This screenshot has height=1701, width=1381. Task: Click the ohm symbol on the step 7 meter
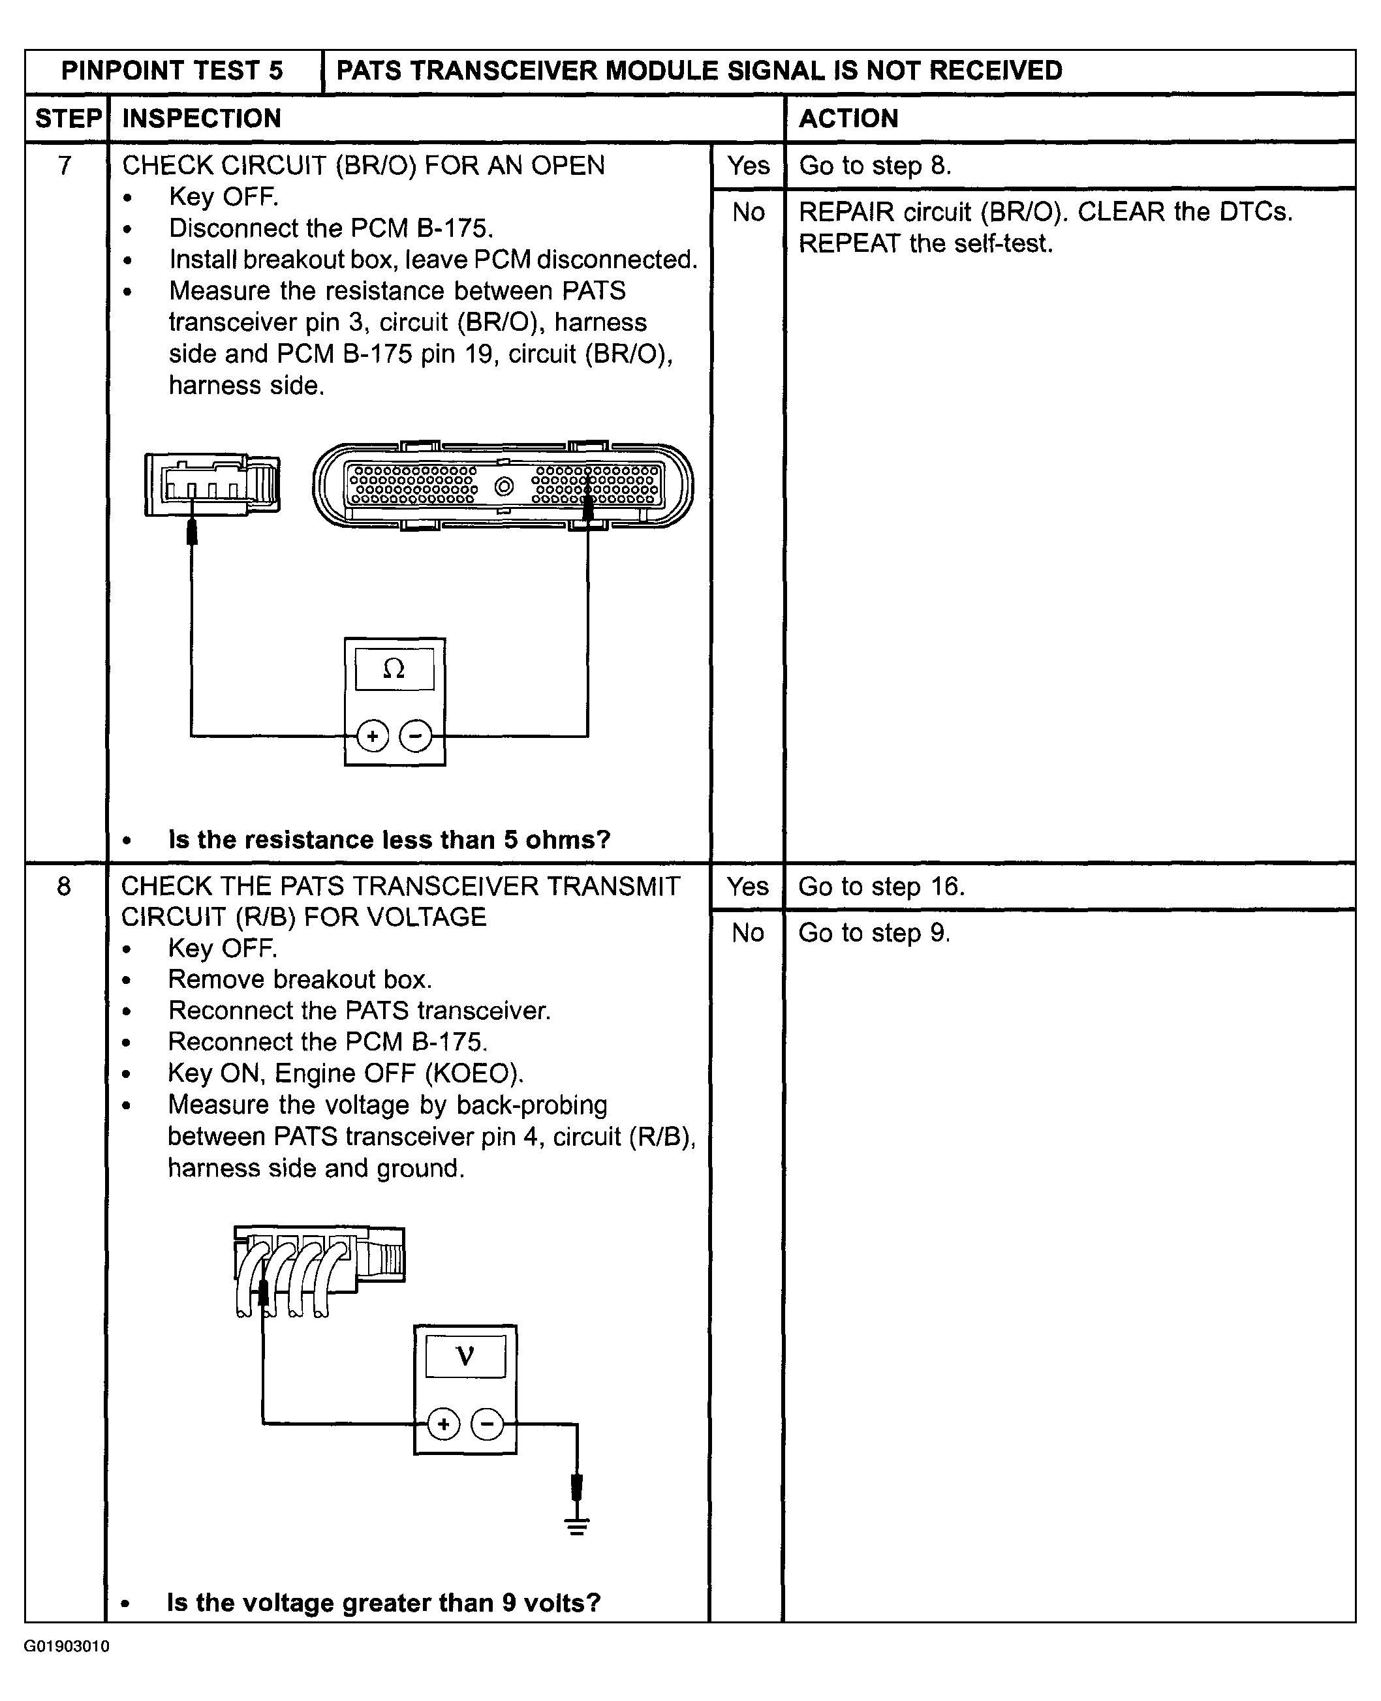pyautogui.click(x=394, y=669)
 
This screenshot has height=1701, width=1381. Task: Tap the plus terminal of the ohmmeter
pyautogui.click(x=372, y=735)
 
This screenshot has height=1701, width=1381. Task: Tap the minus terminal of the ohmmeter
pyautogui.click(x=414, y=735)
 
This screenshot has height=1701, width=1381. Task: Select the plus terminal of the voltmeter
pyautogui.click(x=444, y=1424)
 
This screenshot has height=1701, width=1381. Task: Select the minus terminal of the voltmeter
pyautogui.click(x=487, y=1424)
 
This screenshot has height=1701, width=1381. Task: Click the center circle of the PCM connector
pyautogui.click(x=504, y=486)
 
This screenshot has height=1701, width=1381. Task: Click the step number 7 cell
pyautogui.click(x=65, y=166)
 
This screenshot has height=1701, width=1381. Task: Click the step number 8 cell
pyautogui.click(x=65, y=886)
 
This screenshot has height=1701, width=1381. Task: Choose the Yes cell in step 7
pyautogui.click(x=748, y=166)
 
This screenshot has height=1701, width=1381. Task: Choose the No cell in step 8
pyautogui.click(x=748, y=932)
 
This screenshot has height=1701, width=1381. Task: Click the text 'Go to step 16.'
pyautogui.click(x=882, y=886)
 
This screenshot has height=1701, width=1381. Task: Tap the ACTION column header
pyautogui.click(x=849, y=119)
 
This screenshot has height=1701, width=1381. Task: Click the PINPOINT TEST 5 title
pyautogui.click(x=172, y=70)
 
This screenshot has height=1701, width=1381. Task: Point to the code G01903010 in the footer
pyautogui.click(x=67, y=1646)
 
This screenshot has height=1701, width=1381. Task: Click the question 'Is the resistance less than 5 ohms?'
pyautogui.click(x=389, y=840)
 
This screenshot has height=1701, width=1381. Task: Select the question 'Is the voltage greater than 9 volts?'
pyautogui.click(x=384, y=1602)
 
